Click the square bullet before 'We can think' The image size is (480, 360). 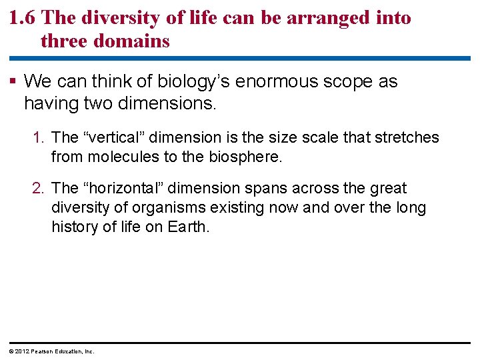[15, 82]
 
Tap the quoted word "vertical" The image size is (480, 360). [112, 138]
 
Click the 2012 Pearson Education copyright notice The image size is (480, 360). [51, 351]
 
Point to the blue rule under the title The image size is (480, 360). [240, 58]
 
